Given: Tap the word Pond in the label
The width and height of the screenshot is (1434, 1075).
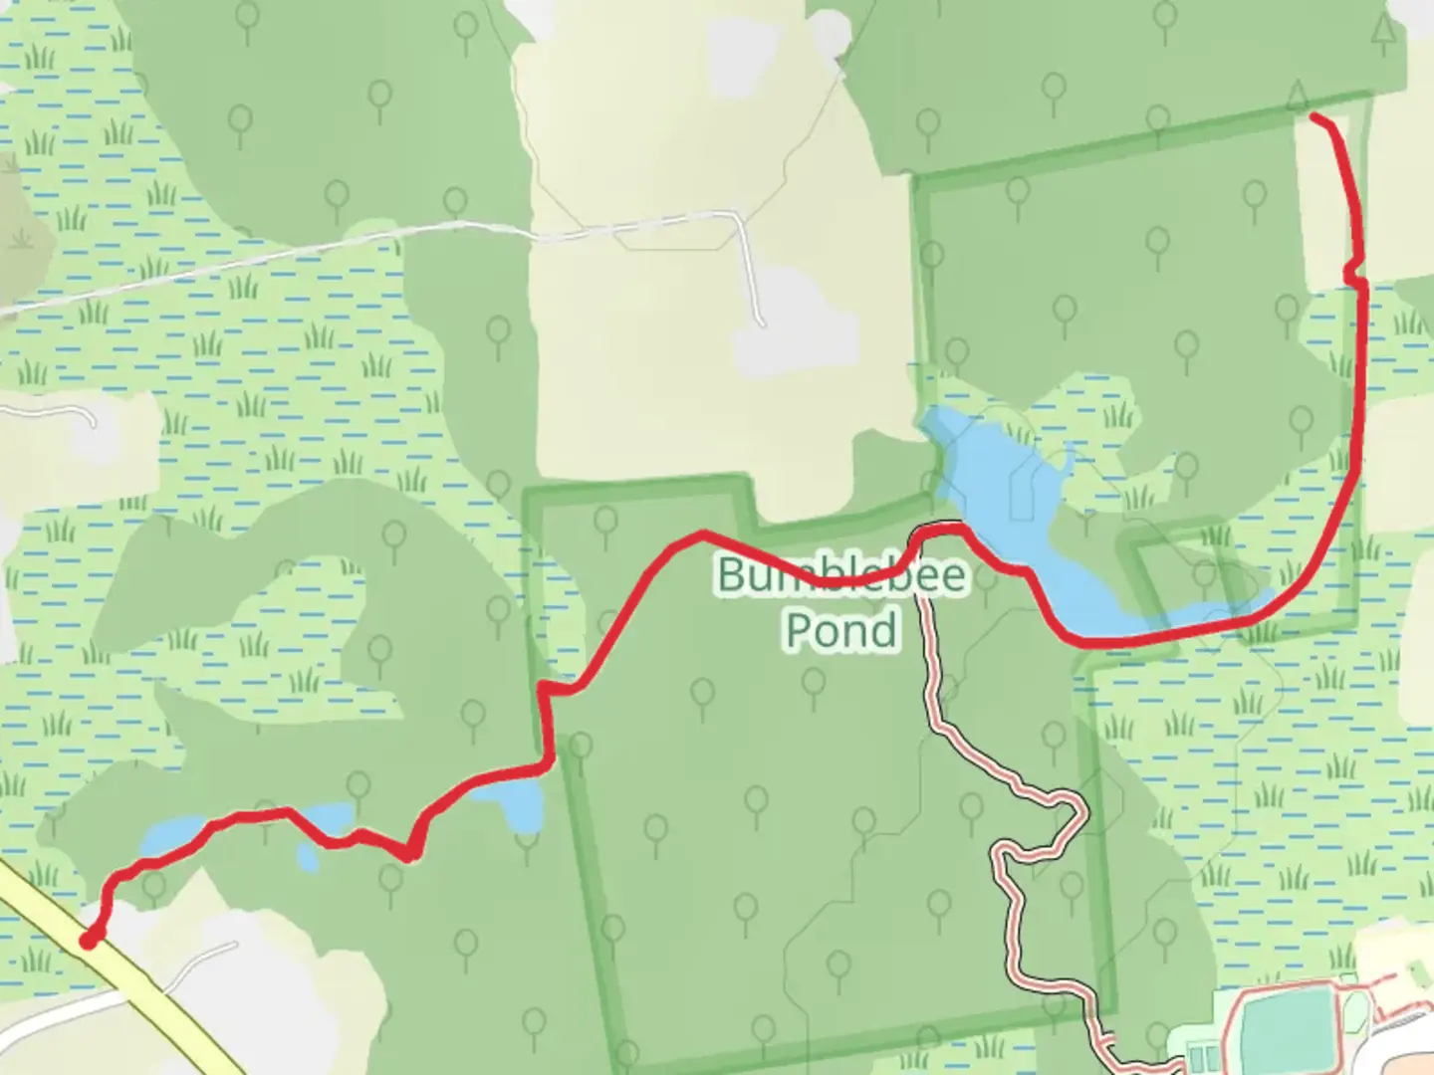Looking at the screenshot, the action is (841, 630).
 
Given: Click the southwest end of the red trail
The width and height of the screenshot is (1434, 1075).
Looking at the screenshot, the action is (89, 940).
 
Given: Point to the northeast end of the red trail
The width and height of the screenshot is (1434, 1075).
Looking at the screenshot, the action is (1314, 117).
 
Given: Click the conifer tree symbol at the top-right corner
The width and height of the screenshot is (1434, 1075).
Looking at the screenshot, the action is (1382, 32).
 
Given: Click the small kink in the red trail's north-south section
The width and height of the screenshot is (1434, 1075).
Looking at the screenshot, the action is (1352, 271).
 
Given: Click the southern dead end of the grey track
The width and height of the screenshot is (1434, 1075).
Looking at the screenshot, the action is (762, 323).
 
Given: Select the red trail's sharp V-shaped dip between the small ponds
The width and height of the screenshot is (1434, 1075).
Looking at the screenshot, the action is (409, 854).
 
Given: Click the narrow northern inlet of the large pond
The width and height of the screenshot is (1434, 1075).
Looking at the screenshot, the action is (1069, 463).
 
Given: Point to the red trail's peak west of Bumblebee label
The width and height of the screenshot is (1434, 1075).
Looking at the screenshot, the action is (702, 535).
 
